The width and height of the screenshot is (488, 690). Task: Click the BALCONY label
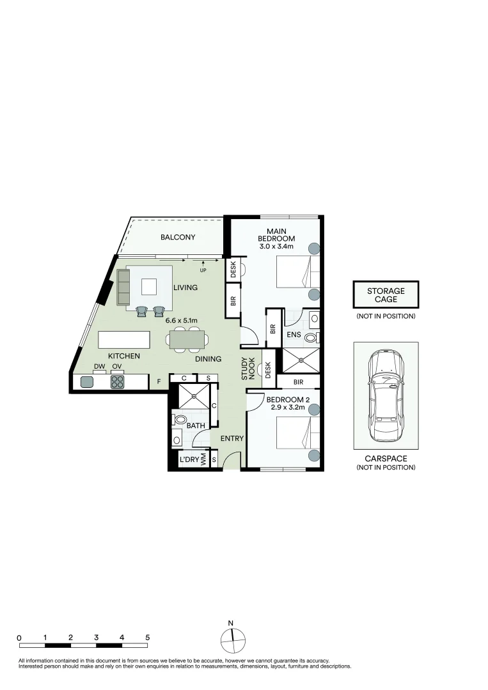tap(178, 237)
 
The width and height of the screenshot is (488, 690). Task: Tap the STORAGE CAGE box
tap(386, 295)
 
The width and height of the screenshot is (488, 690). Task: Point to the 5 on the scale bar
tap(148, 637)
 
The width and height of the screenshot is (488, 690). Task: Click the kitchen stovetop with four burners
tap(117, 381)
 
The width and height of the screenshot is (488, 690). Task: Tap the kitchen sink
tap(87, 381)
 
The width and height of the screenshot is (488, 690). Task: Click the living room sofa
tap(123, 287)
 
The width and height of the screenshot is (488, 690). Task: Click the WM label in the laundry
tap(203, 460)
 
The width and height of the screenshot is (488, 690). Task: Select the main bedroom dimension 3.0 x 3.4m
tap(276, 247)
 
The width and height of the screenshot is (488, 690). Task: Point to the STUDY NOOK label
tap(248, 369)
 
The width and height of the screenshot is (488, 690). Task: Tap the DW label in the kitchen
tap(99, 367)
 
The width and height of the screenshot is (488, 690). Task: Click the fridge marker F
tap(159, 381)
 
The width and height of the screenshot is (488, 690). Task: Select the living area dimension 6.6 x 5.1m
tap(182, 320)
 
